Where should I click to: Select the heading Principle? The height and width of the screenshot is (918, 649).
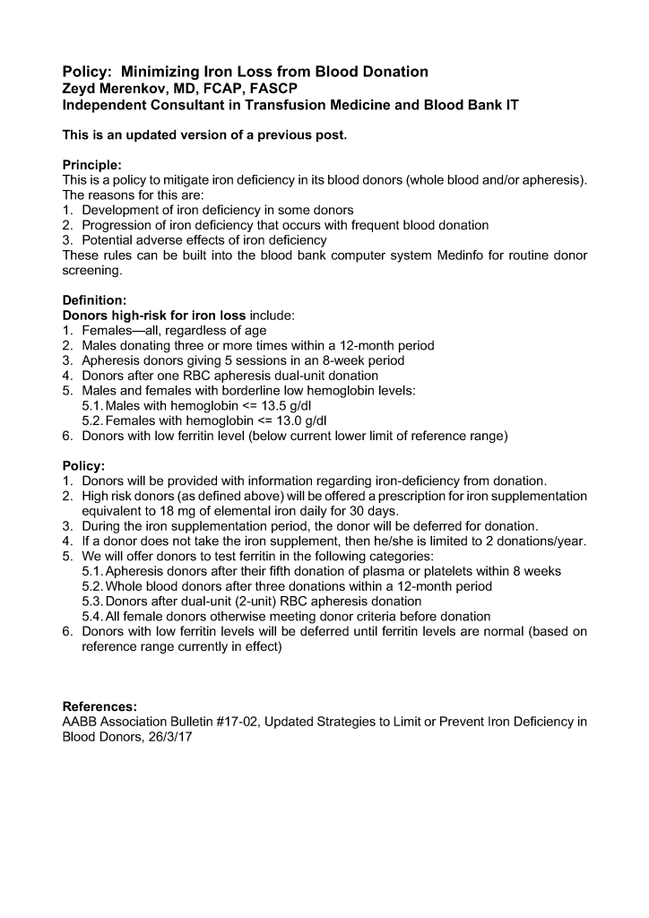(x=91, y=166)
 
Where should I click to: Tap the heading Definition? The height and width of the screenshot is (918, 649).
(x=94, y=300)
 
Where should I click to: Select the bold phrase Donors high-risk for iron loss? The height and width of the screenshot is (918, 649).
(x=153, y=316)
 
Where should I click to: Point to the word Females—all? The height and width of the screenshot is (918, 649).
(x=116, y=331)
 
